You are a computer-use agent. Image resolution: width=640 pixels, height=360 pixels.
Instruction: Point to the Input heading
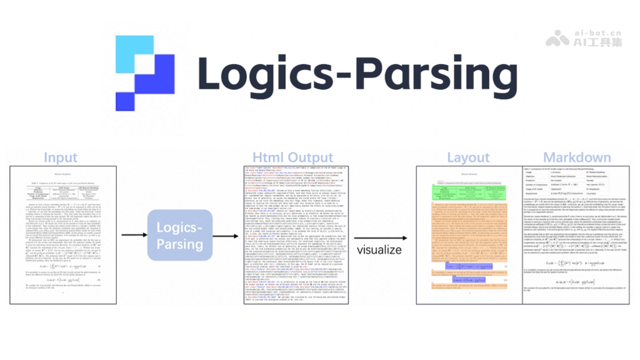point(60,158)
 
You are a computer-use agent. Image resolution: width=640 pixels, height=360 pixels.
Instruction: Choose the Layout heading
point(468,158)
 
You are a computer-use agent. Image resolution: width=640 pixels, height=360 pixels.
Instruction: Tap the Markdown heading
point(577,158)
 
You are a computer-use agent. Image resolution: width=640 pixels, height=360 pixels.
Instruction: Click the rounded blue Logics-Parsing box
point(179,235)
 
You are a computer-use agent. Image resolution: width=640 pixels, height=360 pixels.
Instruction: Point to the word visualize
point(379,250)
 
